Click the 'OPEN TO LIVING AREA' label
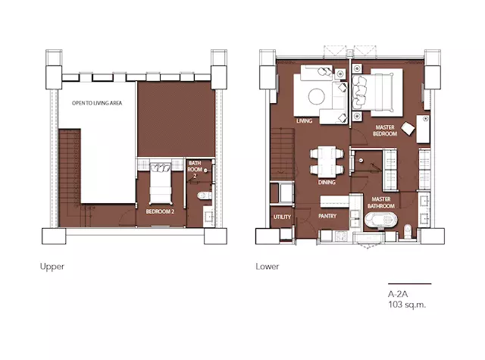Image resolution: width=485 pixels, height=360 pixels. click(x=97, y=103)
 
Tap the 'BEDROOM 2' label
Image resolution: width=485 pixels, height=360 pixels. click(x=160, y=211)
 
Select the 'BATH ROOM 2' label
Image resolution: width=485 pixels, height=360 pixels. click(x=195, y=169)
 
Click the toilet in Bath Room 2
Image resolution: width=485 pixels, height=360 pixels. click(x=205, y=196)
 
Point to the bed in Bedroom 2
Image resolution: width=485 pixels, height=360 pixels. click(x=160, y=183)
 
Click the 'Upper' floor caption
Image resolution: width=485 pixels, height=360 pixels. click(x=52, y=267)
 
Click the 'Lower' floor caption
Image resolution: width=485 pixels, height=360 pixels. click(x=268, y=267)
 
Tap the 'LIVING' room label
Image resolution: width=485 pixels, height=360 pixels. click(x=304, y=121)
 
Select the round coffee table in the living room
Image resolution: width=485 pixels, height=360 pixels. click(x=317, y=96)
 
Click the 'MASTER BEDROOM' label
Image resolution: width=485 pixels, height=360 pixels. click(x=385, y=130)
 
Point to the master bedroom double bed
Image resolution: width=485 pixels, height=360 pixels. click(x=377, y=92)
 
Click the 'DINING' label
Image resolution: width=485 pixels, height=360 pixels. click(x=327, y=182)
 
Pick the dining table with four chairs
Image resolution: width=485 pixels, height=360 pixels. click(x=327, y=161)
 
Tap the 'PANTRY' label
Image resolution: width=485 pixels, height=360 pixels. click(x=327, y=216)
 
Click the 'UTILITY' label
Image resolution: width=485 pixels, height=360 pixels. click(x=282, y=217)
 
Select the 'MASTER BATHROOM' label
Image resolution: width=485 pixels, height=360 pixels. click(x=380, y=202)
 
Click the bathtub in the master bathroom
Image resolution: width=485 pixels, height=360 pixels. click(x=380, y=220)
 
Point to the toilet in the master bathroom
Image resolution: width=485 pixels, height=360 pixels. click(x=408, y=231)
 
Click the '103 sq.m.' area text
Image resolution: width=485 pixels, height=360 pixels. click(x=407, y=305)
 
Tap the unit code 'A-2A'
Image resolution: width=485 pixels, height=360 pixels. click(x=398, y=294)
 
